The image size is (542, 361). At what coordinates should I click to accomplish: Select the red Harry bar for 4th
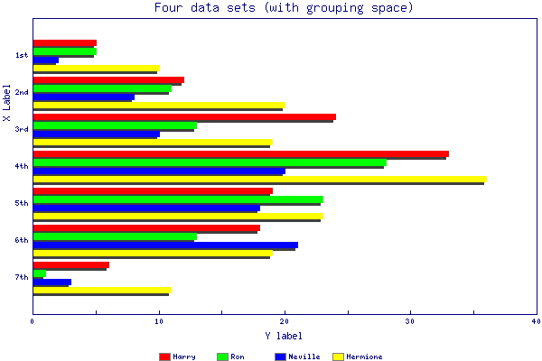click(x=240, y=153)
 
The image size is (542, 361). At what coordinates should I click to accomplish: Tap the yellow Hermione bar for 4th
click(x=259, y=179)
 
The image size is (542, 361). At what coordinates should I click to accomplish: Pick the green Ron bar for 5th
click(x=177, y=199)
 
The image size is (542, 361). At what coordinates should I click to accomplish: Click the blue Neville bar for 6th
click(x=165, y=245)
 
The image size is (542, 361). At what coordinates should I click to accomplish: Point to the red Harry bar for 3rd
click(x=184, y=116)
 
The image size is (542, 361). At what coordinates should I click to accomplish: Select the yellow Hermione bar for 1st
click(x=96, y=68)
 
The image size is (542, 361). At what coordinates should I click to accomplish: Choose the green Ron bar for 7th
click(x=39, y=273)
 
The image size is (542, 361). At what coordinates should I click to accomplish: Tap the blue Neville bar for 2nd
click(x=83, y=97)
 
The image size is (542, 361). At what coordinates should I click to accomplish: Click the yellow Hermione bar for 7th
click(x=101, y=291)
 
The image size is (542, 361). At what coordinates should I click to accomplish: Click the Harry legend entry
click(x=177, y=356)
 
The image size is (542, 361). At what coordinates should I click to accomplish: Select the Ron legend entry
click(x=230, y=356)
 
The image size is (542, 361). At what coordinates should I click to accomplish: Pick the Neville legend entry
click(x=297, y=356)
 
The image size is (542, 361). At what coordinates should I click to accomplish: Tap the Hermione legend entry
click(x=358, y=356)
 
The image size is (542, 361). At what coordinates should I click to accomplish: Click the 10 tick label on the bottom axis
click(x=159, y=320)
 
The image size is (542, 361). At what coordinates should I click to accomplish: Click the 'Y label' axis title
click(x=284, y=336)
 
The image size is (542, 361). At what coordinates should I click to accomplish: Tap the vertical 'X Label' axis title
click(x=7, y=104)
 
